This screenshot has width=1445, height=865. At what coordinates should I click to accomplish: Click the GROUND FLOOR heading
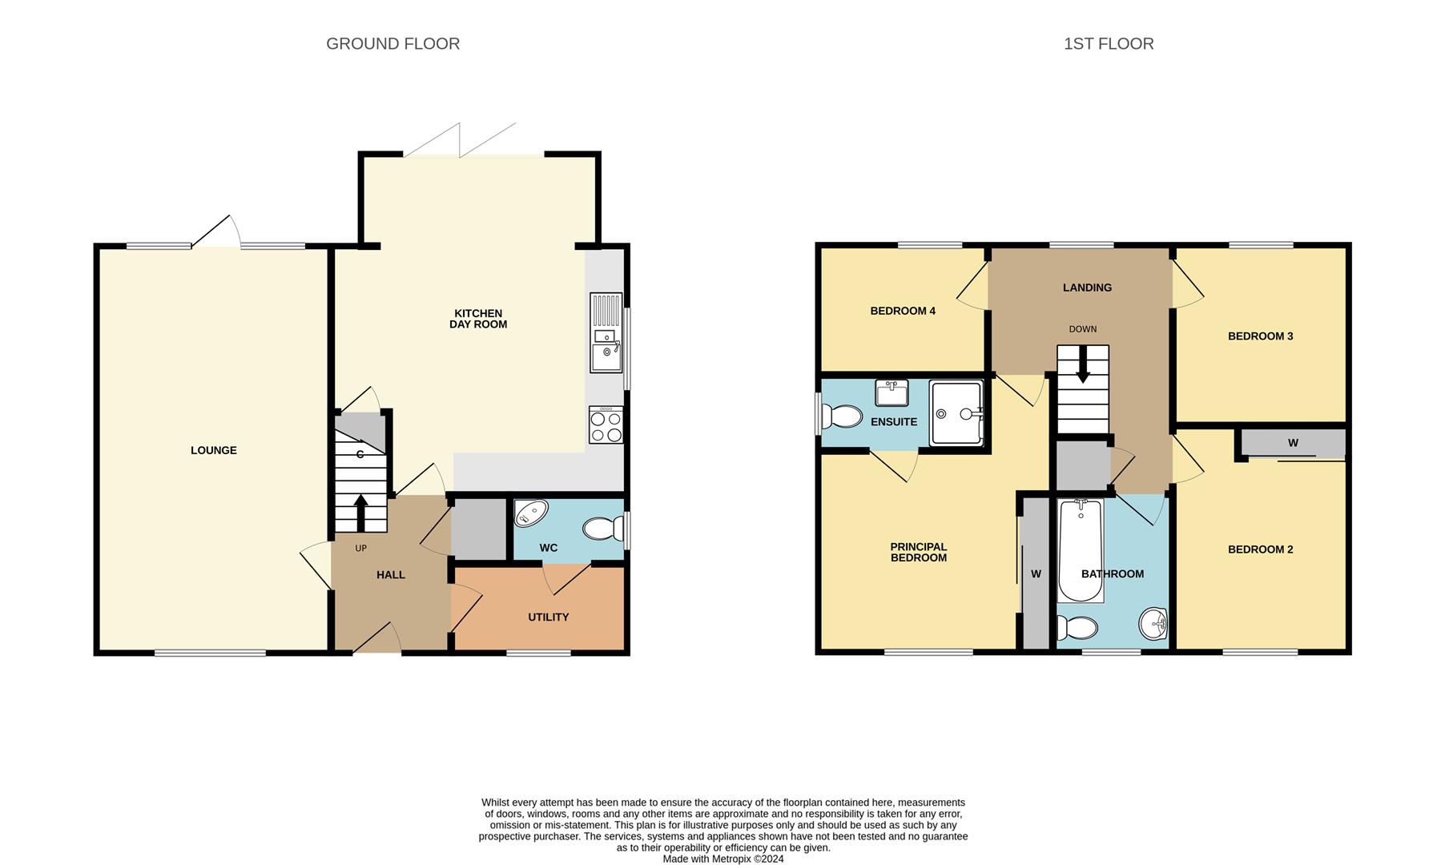pos(392,44)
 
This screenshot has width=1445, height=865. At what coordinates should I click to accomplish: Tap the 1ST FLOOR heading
pos(1108,44)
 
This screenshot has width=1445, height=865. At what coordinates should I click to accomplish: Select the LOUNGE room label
pos(213,450)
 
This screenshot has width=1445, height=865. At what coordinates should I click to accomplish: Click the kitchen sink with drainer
pos(606,333)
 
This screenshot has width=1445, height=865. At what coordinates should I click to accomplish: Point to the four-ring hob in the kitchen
pos(606,424)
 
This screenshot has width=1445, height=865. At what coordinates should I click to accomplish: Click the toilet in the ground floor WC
pos(603,529)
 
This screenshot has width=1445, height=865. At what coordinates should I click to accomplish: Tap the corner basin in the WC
pos(529,513)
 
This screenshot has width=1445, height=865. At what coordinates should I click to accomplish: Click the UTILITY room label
pos(548,617)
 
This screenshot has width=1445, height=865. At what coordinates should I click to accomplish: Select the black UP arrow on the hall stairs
pos(360,513)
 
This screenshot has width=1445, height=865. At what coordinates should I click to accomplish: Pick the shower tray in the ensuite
pos(956,413)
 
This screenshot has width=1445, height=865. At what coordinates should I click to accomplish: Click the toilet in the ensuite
pos(840,416)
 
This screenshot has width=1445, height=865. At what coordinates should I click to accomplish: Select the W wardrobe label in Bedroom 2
pos(1292,443)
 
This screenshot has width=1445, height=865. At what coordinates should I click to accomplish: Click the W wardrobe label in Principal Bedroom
pos(1035,573)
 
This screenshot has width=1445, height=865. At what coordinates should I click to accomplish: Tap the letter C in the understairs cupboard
pos(360,454)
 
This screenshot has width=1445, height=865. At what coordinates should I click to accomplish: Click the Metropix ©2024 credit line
pos(722,859)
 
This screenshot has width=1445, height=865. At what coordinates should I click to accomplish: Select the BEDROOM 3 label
pos(1260,336)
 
